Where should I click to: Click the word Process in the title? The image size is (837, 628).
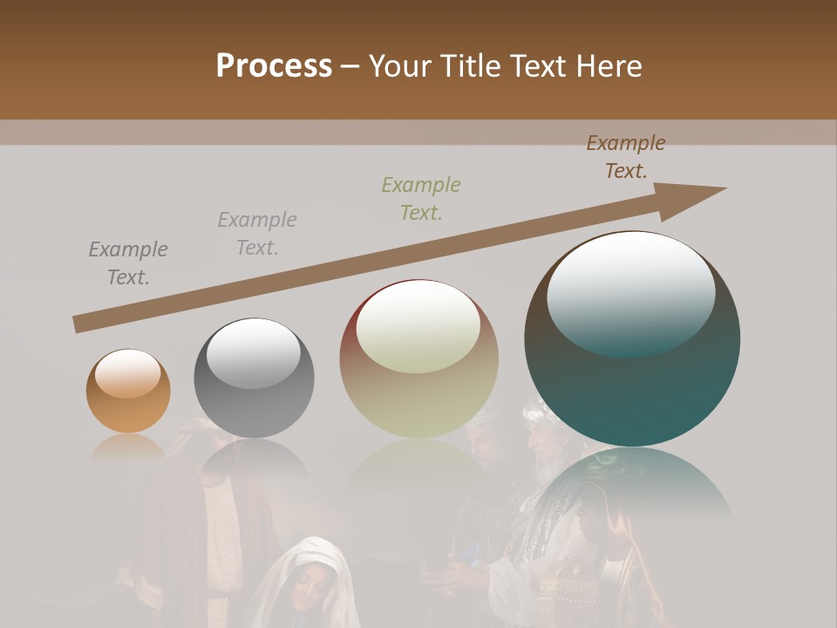274,65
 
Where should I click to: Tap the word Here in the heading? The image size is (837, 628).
608,66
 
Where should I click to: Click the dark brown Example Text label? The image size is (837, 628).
625,157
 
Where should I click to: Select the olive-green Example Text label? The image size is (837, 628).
421,198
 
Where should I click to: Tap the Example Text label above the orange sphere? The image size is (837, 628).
128,263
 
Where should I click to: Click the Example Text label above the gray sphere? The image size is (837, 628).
257,233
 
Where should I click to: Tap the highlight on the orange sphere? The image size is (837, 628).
127,373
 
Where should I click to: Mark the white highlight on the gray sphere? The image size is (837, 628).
253,351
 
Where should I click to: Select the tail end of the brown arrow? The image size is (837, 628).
81,324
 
